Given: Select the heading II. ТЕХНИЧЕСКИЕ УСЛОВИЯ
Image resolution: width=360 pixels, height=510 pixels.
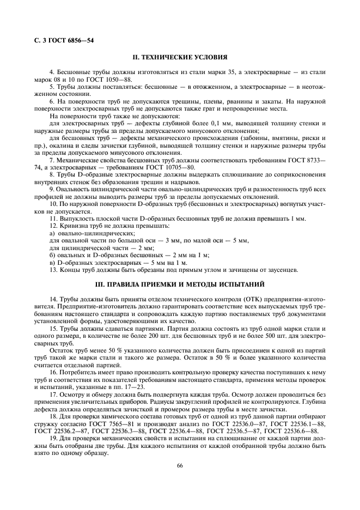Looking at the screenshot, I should coord(180,57).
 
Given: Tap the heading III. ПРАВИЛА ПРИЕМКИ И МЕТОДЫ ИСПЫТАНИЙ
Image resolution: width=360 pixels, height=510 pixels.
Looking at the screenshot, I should coord(180,284).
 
